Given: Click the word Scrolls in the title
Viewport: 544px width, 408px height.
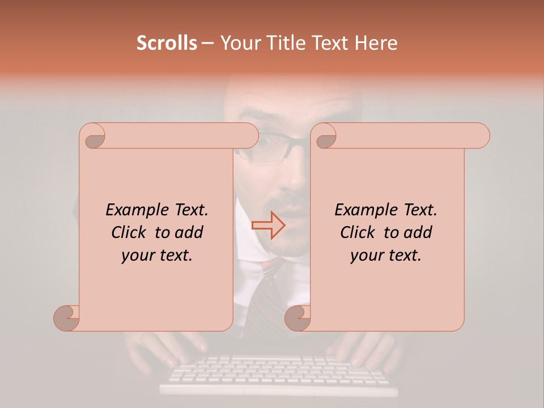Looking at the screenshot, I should [167, 43].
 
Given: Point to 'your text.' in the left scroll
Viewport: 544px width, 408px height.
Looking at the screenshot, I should [156, 256].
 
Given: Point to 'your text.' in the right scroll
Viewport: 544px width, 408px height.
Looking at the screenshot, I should [385, 256].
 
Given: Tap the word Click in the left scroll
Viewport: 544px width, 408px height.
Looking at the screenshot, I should [124, 232].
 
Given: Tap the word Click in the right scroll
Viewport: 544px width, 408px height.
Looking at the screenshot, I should [353, 232].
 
